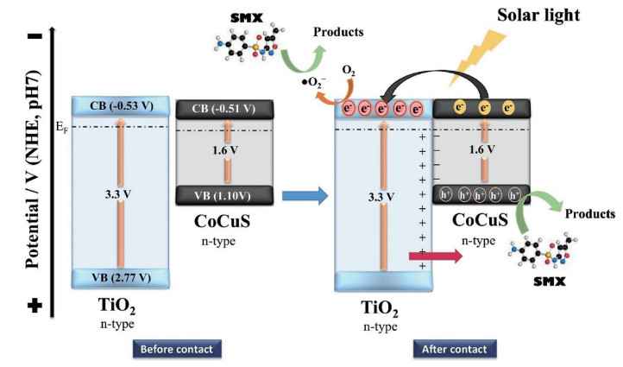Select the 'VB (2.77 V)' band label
120,277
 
